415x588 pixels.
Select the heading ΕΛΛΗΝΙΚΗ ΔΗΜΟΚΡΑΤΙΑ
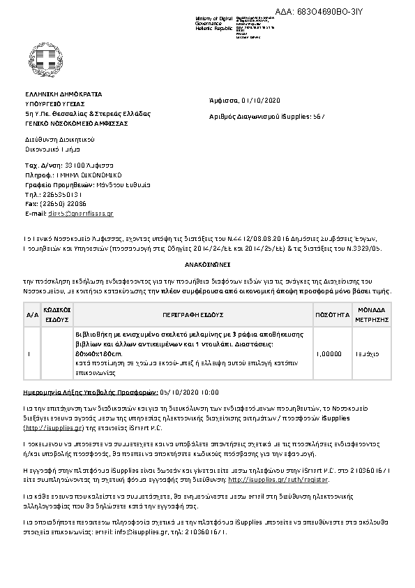[x=63, y=94]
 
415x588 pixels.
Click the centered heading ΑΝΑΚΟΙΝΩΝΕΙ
[x=207, y=266]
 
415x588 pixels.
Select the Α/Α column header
[x=32, y=315]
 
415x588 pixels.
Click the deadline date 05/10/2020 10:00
[x=189, y=392]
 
